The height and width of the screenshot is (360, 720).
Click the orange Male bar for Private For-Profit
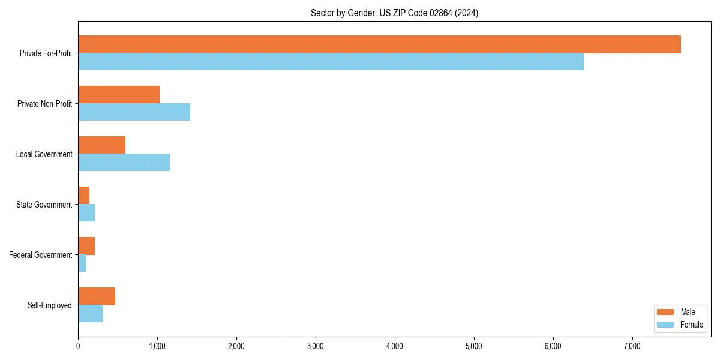tap(379, 44)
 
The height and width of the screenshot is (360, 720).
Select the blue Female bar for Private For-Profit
tap(331, 62)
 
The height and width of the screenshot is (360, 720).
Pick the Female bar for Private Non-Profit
tap(134, 112)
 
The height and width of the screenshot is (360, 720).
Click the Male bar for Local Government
tap(101, 145)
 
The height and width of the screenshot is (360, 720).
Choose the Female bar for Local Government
tap(124, 163)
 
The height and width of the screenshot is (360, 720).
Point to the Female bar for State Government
tap(86, 213)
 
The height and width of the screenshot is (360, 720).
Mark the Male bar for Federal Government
tap(86, 246)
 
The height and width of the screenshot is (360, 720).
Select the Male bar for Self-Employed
tap(97, 296)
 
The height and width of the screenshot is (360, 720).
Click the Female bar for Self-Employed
tap(90, 314)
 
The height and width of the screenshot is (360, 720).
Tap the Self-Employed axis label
tap(49, 305)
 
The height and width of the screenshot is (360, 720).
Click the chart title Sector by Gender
tap(394, 13)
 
